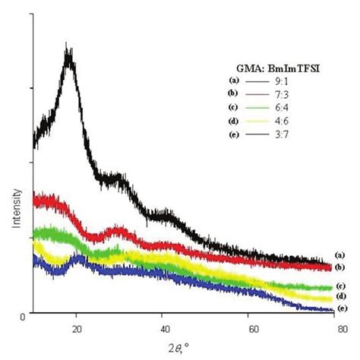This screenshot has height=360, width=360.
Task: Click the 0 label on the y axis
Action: click(x=24, y=314)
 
